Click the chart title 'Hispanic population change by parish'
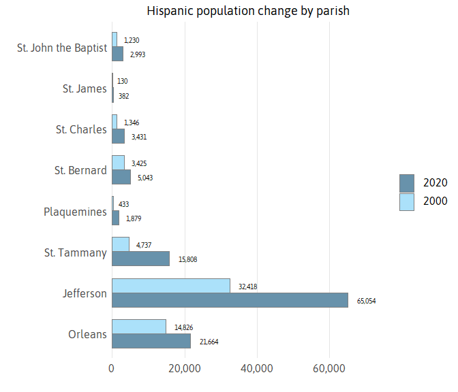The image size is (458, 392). click(x=248, y=11)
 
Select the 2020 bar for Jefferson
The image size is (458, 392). click(x=230, y=300)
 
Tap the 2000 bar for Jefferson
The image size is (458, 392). click(x=171, y=286)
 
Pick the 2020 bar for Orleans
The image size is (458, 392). click(x=151, y=341)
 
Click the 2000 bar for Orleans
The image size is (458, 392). click(x=139, y=327)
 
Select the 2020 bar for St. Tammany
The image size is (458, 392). click(x=140, y=259)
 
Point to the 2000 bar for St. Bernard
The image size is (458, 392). click(x=119, y=163)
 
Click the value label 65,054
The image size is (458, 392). click(x=366, y=301)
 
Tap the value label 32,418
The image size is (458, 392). click(x=247, y=287)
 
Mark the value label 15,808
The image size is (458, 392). click(x=187, y=259)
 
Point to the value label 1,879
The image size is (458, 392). click(x=134, y=218)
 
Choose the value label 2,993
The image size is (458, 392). click(x=138, y=54)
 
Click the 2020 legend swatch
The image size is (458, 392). click(x=407, y=183)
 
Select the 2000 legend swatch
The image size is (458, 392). click(x=407, y=202)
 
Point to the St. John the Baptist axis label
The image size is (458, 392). click(x=62, y=48)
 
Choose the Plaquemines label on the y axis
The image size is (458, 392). click(x=75, y=212)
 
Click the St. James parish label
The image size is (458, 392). click(x=85, y=88)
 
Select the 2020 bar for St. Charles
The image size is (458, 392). click(x=119, y=136)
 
